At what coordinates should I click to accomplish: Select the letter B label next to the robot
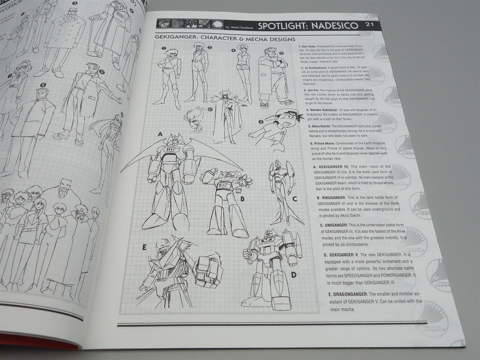242,198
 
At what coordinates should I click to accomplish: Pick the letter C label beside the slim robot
295,198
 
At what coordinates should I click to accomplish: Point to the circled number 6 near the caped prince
210,109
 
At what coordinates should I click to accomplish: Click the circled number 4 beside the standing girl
233,50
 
